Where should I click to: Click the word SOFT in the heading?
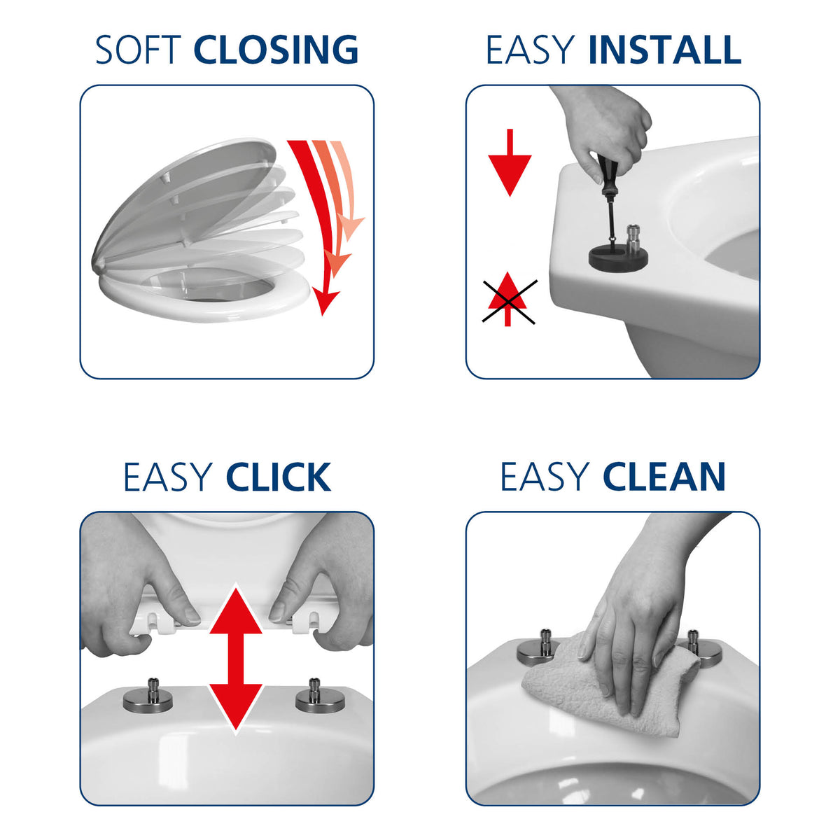click(138, 50)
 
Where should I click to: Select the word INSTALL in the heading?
click(664, 50)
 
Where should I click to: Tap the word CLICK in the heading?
click(278, 477)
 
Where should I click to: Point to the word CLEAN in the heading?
click(664, 477)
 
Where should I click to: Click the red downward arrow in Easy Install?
click(510, 162)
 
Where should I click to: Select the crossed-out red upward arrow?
click(507, 300)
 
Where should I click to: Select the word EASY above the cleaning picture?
click(544, 477)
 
